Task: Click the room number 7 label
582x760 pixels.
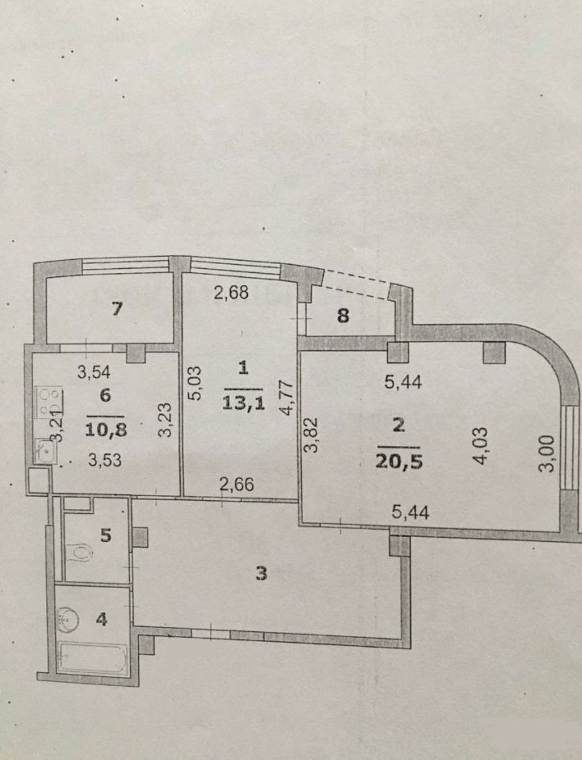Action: click(117, 309)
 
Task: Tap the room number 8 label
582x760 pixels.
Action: click(343, 317)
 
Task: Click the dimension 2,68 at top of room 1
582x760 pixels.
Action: click(231, 293)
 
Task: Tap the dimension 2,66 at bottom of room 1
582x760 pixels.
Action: click(237, 485)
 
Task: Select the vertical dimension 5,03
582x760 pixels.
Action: click(196, 383)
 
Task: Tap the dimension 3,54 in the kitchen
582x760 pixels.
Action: click(94, 373)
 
